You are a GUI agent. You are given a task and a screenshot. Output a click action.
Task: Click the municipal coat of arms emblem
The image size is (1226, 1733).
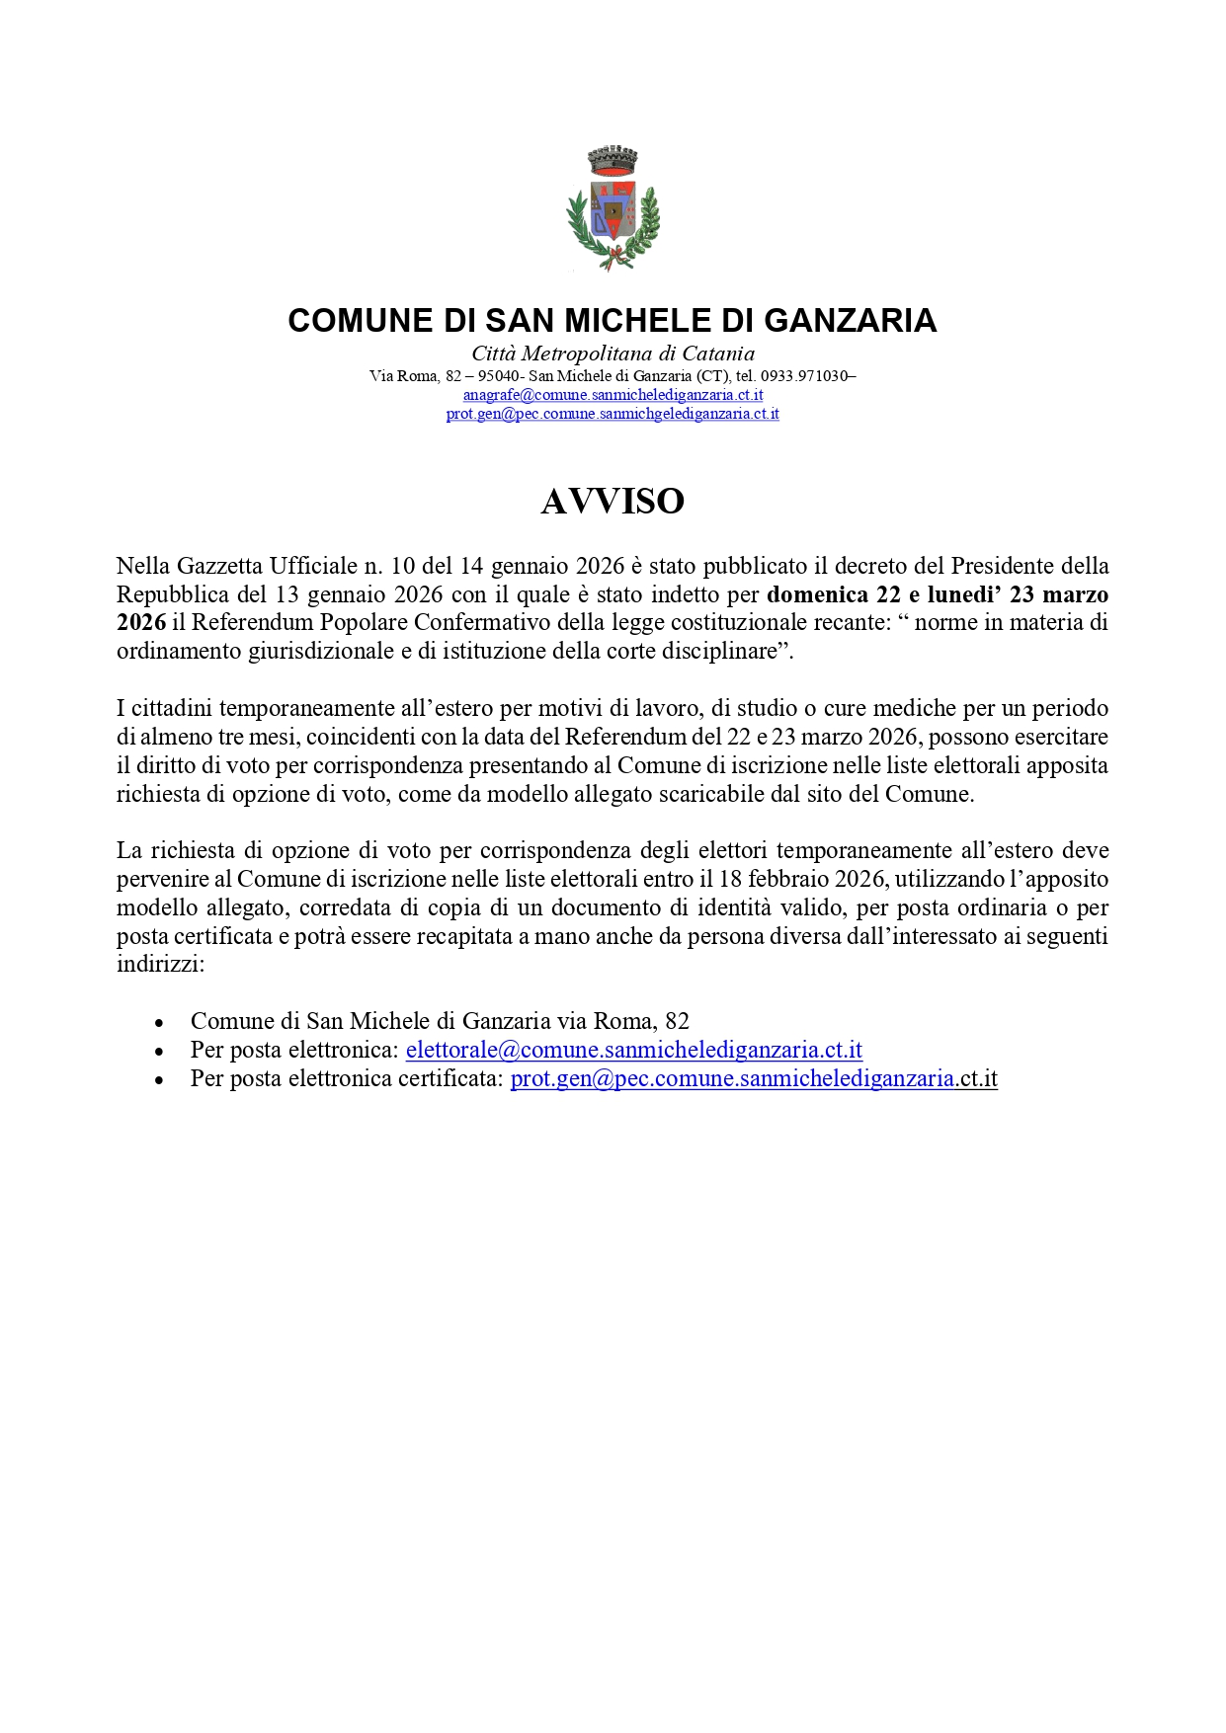613,209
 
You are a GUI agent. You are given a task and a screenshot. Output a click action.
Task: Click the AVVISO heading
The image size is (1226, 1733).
613,502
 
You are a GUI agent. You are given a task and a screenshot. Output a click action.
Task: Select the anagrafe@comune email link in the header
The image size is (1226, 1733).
613,395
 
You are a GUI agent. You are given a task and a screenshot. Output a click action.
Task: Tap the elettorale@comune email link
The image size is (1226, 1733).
633,1050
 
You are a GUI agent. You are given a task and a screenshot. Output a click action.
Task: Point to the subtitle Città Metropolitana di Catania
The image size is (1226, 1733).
613,354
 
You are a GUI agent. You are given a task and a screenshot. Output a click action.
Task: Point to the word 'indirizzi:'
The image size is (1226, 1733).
160,965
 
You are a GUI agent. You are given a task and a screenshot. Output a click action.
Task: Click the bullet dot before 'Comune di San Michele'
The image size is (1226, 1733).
159,1023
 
